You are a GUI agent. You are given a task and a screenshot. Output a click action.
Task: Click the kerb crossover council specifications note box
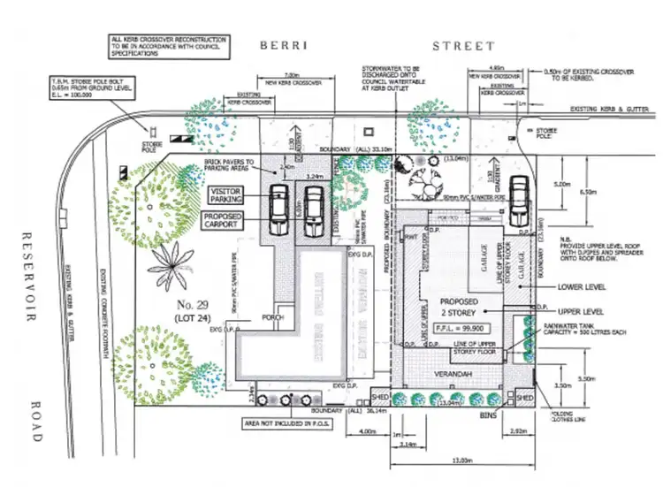[170, 46]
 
